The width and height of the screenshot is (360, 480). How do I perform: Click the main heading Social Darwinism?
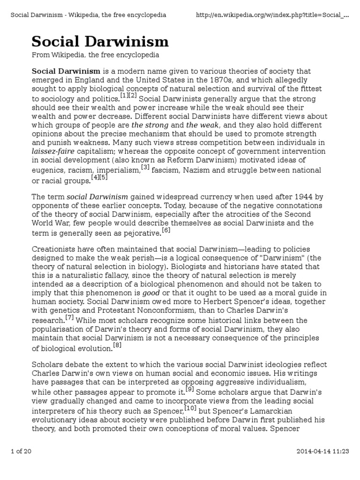point(100,42)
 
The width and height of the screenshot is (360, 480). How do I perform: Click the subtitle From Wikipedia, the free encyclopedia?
point(95,55)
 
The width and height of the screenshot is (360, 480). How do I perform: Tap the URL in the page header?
point(272,15)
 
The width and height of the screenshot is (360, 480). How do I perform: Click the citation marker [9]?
point(189,388)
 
